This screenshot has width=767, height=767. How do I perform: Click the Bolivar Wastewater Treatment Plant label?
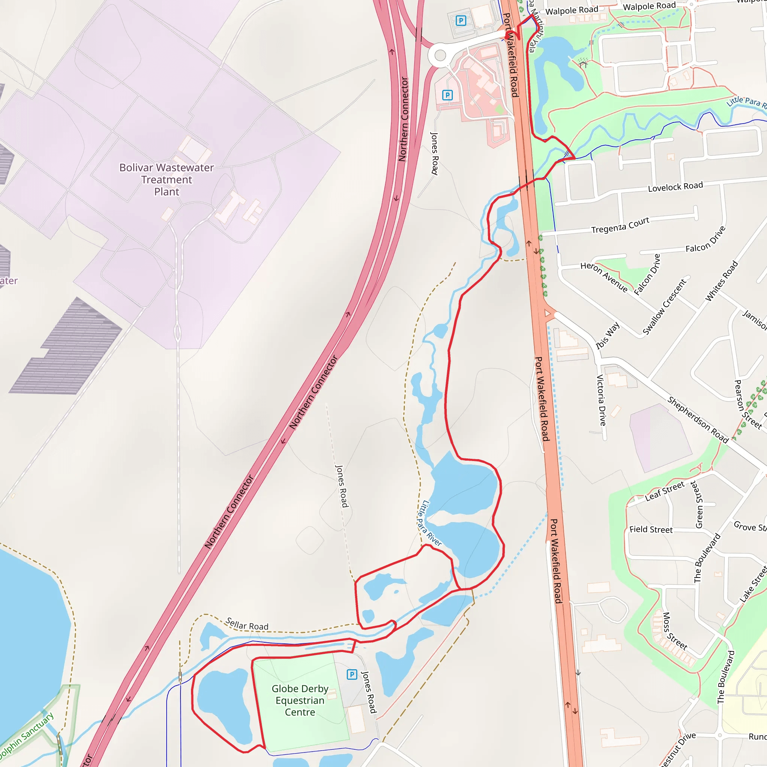pos(166,179)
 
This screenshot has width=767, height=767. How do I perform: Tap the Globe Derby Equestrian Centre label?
pos(300,700)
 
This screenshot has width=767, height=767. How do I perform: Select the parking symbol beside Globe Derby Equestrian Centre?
pos(352,674)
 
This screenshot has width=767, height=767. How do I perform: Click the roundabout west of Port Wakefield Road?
pos(440,55)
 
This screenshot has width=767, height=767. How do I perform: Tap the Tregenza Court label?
pos(620,225)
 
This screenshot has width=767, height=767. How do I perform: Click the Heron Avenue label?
pos(604,277)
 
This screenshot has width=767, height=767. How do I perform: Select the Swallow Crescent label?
pos(664,307)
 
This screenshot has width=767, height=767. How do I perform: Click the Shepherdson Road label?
pos(698,419)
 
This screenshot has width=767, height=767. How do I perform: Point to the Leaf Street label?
pos(665,491)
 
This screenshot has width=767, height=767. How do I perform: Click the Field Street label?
pos(651,530)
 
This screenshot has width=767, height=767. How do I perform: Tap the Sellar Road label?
pos(247,624)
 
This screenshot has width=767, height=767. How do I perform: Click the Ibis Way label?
pos(608,336)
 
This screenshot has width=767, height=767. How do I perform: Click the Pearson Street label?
pos(748,404)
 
